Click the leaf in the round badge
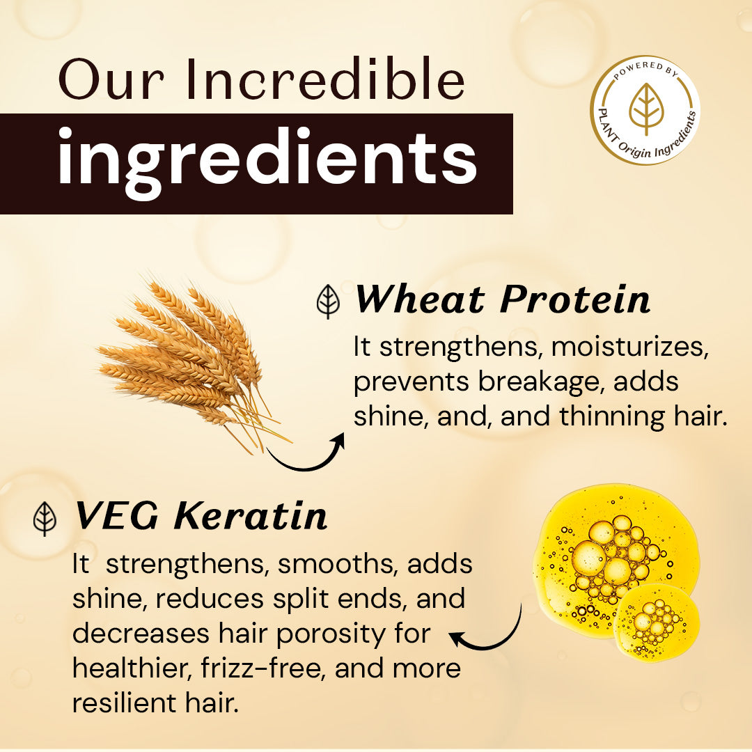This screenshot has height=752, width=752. click(x=645, y=109)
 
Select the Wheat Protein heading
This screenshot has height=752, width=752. click(x=502, y=299)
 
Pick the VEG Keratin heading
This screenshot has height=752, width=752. click(x=201, y=516)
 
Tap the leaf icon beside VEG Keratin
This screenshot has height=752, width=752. click(x=45, y=519)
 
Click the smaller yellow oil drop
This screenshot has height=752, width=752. click(x=656, y=622)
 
